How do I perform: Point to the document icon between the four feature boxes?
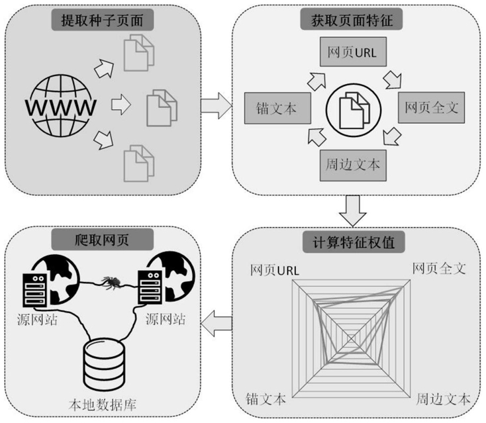coord(351,107)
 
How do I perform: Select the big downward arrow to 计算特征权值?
coord(352,211)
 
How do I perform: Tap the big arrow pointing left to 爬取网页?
coord(217,324)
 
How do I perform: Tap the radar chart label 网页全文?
coord(440,268)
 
